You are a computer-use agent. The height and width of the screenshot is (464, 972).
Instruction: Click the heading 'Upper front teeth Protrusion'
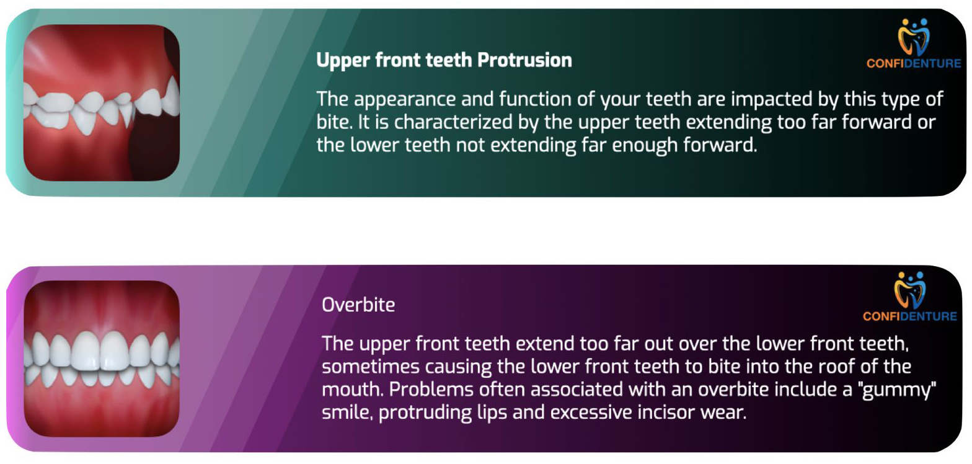[x=444, y=60]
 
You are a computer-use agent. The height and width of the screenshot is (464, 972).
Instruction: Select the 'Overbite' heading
[x=358, y=305]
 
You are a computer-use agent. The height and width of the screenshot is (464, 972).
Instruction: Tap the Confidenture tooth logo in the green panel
[x=914, y=37]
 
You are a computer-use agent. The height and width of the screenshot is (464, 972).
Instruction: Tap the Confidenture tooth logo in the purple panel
[x=910, y=290]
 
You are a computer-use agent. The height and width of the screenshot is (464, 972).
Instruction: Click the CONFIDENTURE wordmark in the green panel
[x=914, y=63]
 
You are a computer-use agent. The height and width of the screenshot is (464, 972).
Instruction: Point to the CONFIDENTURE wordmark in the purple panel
[x=910, y=316]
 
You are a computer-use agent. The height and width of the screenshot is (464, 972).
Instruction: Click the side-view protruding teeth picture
[x=102, y=102]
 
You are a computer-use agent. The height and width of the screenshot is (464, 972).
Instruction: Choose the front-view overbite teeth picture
[x=102, y=359]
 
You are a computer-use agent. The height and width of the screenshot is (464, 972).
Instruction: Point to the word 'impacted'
[x=771, y=100]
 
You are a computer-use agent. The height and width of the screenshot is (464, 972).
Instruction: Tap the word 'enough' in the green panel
[x=645, y=146]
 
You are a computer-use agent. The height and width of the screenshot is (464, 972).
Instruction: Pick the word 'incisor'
[x=666, y=413]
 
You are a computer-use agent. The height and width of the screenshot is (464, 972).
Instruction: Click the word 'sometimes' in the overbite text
[x=371, y=367]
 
